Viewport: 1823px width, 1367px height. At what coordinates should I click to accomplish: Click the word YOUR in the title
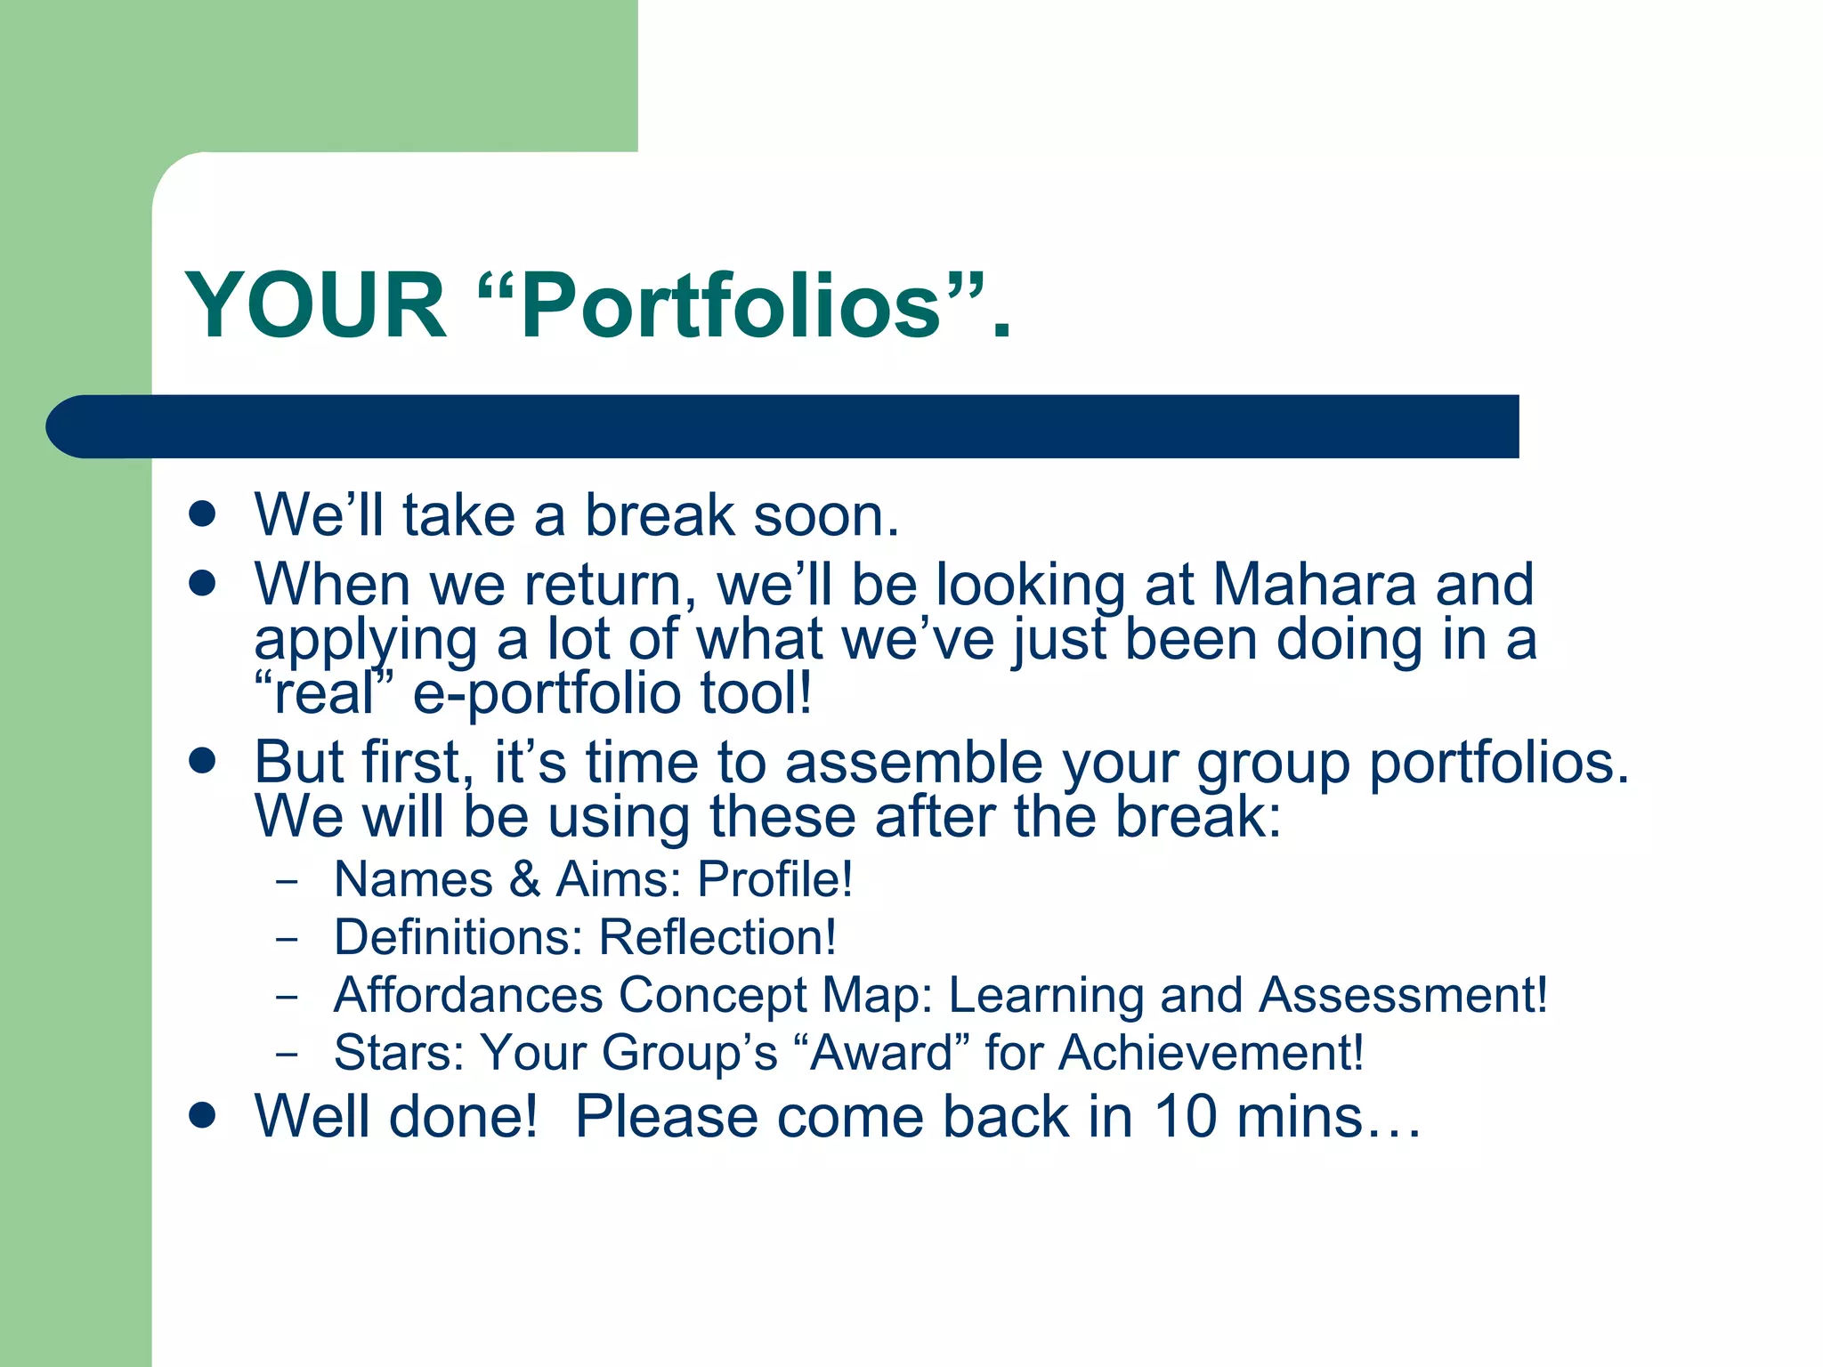click(x=315, y=306)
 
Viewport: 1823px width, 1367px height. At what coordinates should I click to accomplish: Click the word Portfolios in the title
click(x=730, y=306)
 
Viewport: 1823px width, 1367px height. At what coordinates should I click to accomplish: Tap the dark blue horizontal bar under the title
click(x=783, y=426)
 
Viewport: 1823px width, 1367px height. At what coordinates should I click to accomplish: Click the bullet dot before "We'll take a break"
click(x=203, y=514)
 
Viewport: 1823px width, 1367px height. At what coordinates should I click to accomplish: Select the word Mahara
click(x=1314, y=585)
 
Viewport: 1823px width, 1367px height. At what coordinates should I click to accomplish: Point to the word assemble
click(x=913, y=763)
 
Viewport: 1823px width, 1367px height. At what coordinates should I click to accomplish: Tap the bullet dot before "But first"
click(x=203, y=761)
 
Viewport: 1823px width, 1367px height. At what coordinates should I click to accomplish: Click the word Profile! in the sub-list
click(x=774, y=879)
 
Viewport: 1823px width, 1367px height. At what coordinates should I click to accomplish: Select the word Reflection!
click(x=717, y=937)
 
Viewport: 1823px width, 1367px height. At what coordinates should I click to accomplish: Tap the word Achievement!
click(x=1211, y=1053)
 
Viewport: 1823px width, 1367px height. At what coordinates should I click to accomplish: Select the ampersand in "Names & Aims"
click(x=525, y=879)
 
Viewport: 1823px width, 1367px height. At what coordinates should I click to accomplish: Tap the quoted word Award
click(x=881, y=1053)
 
